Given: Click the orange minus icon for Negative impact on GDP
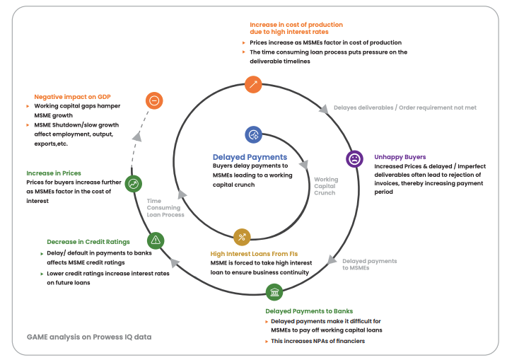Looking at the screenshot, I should coord(154,100).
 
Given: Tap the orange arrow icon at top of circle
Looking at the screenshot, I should coord(253,84).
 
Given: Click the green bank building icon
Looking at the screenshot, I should coord(274,292).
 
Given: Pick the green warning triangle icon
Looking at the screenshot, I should coord(156,240).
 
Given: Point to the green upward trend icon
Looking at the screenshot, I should coord(133,184).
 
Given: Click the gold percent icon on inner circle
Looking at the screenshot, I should coord(242,237).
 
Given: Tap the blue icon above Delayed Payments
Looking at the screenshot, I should coord(254,134).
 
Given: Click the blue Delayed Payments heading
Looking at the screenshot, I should coord(250,157).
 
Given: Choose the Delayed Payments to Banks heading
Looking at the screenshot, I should coord(309,311).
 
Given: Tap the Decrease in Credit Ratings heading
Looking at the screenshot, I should coord(88,242).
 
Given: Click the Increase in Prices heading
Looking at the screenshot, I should coord(54,173).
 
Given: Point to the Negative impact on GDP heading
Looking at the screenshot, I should coord(73,96).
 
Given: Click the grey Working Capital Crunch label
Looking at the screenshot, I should coord(326,186).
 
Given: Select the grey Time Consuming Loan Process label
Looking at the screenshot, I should coord(165,207).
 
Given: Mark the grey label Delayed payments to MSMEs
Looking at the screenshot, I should coord(369,265).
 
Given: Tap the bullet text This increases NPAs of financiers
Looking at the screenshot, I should coord(319,341).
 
